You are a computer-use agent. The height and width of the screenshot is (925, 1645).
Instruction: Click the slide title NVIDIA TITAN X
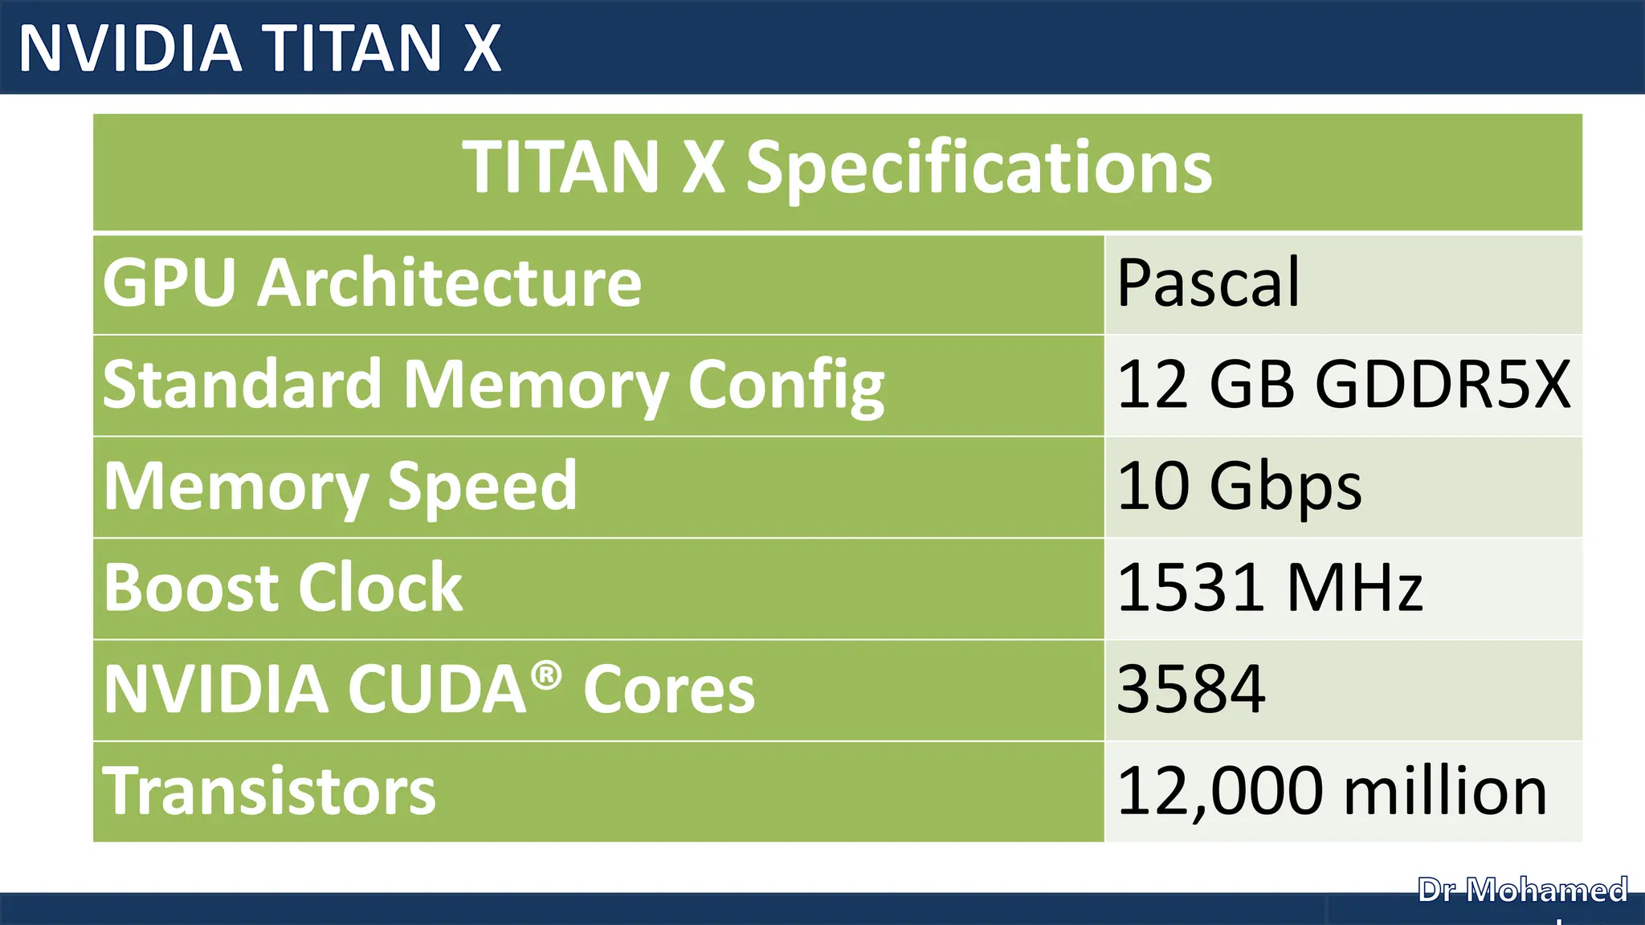[259, 47]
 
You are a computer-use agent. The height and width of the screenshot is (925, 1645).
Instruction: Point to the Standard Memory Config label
[493, 385]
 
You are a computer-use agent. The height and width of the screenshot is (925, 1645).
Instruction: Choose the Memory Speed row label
[341, 487]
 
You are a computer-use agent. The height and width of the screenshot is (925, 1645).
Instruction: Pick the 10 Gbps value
[1239, 487]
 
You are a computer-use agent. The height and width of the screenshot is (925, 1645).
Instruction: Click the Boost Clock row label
[283, 588]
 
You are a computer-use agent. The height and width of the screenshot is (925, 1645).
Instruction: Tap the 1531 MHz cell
[1270, 588]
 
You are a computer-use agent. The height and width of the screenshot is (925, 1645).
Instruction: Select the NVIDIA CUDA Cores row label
[429, 689]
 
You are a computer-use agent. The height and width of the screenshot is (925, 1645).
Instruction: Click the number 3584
[1191, 689]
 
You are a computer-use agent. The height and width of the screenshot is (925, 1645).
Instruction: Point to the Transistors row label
[269, 791]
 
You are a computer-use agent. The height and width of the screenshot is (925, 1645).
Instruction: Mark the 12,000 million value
[1332, 791]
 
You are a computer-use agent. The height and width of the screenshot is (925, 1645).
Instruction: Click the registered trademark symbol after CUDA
[546, 675]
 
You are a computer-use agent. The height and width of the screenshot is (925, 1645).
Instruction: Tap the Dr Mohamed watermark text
[1522, 890]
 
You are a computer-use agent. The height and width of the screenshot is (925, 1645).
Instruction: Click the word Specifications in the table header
[979, 169]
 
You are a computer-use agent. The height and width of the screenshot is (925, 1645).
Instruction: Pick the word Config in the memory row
[786, 386]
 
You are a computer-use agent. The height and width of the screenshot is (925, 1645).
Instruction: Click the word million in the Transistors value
[1445, 791]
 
